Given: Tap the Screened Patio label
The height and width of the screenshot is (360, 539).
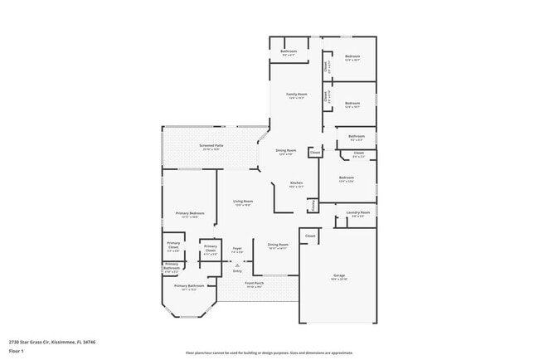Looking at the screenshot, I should click(211, 147).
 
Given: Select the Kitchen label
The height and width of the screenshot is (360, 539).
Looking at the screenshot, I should click(296, 184).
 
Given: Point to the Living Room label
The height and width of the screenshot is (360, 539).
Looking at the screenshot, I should click(243, 202).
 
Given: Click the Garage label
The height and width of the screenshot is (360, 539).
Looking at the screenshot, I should click(339, 276).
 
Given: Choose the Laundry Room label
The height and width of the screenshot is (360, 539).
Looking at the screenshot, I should click(358, 213).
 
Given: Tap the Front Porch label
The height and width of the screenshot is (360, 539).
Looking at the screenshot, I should click(254, 284).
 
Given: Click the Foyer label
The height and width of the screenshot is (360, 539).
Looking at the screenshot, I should click(236, 249).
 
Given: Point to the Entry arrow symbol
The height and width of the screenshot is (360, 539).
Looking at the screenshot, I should click(237, 265).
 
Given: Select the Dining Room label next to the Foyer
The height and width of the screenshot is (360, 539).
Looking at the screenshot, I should click(278, 246).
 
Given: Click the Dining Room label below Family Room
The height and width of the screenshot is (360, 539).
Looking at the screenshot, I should click(286, 151).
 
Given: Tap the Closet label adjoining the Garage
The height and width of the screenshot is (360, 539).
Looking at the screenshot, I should click(310, 236).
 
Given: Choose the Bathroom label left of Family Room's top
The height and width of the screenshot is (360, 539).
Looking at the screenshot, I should click(288, 52).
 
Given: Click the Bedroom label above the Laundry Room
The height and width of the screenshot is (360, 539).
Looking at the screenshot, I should click(347, 178).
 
